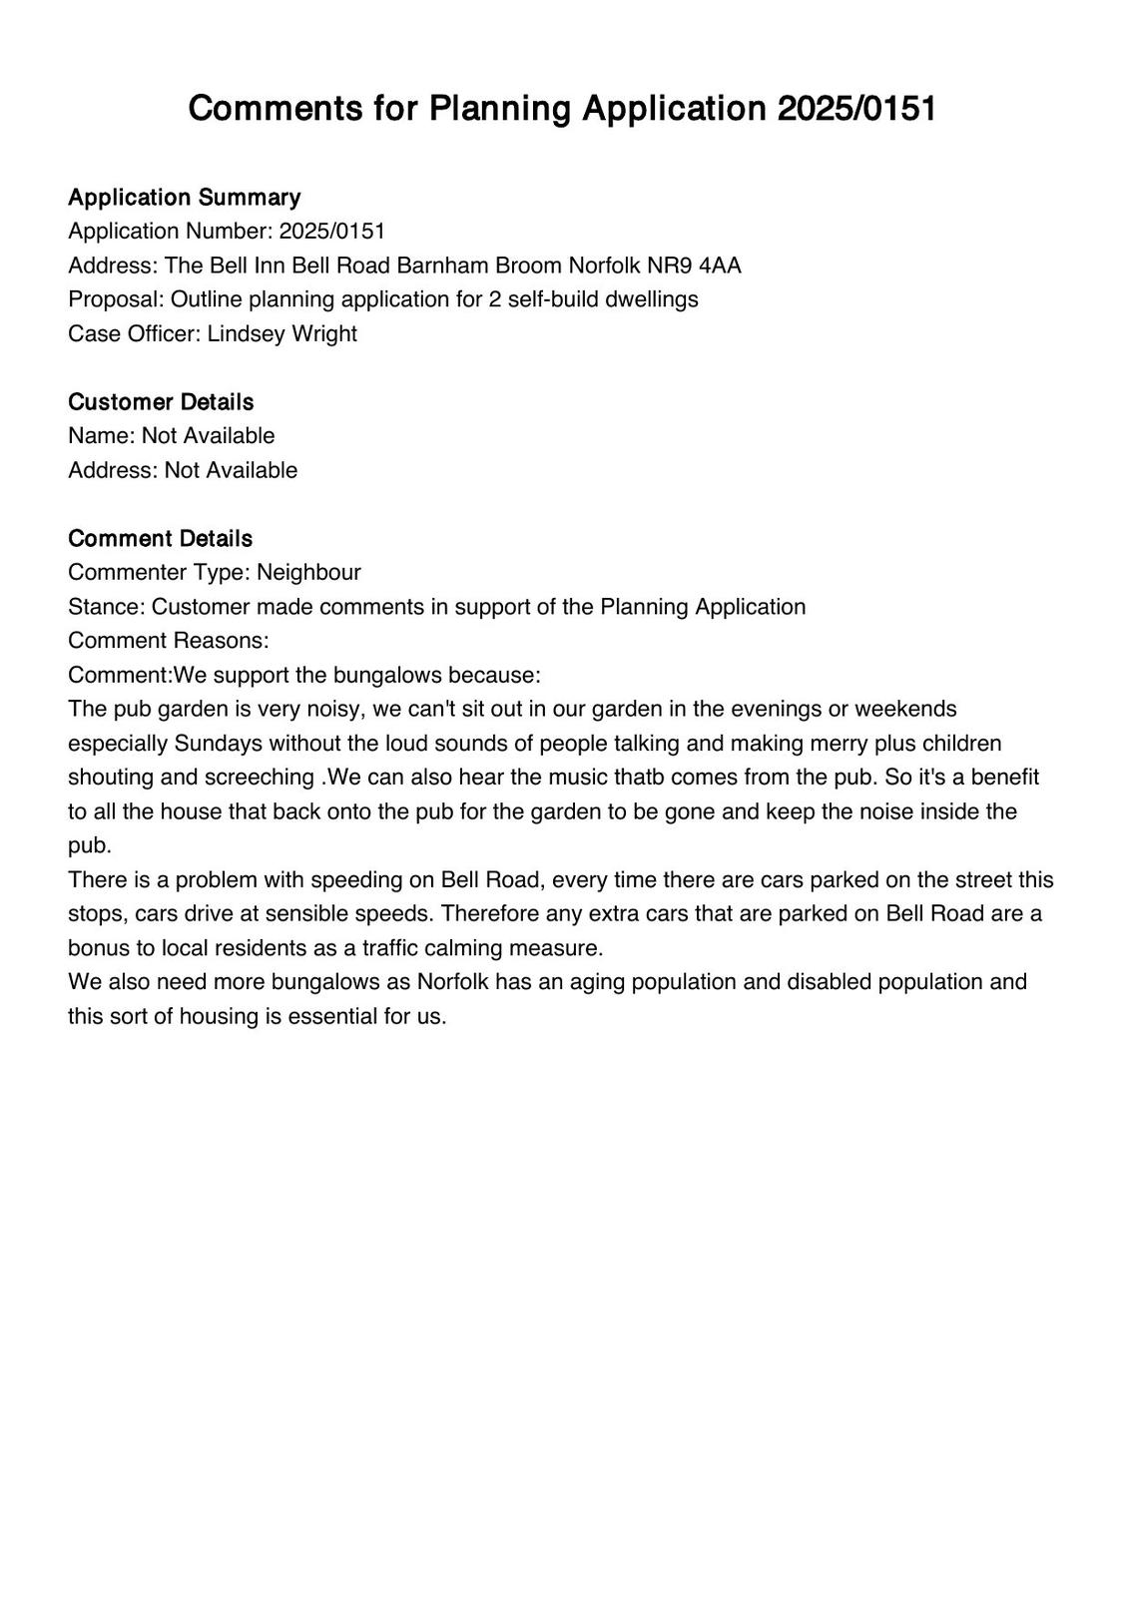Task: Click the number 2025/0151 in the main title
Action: pos(856,108)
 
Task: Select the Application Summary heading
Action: pos(184,197)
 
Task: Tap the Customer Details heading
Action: pos(161,401)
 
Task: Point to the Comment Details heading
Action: pos(160,538)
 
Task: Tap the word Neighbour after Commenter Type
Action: pos(308,572)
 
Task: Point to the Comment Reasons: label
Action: pos(169,640)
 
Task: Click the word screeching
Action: pos(262,777)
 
